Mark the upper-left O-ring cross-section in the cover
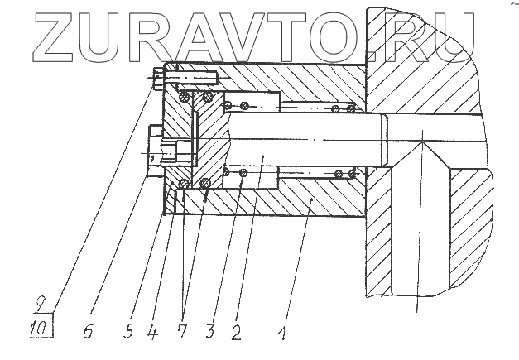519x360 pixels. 183,98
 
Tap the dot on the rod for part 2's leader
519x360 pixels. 261,155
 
